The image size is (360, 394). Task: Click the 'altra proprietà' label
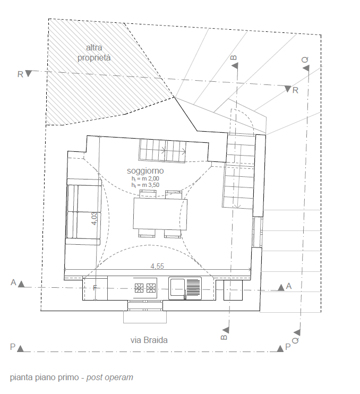[94, 53]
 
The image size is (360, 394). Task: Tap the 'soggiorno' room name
[145, 170]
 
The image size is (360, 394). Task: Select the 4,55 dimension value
[157, 266]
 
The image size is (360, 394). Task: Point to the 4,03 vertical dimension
[94, 219]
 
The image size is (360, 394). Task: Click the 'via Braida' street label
[149, 340]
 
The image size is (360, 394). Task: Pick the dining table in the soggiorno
[160, 214]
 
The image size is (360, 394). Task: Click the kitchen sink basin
[177, 288]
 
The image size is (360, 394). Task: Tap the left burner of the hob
[139, 288]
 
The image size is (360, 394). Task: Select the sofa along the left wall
[83, 212]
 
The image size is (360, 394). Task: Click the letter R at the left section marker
[20, 74]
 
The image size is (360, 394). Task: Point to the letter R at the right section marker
[295, 90]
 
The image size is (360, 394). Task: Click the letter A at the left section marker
[13, 282]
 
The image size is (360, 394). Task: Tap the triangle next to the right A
[281, 288]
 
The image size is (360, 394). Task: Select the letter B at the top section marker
[234, 57]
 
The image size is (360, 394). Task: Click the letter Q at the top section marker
[305, 60]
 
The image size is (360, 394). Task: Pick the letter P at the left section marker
[13, 347]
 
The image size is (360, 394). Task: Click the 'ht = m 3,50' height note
[145, 185]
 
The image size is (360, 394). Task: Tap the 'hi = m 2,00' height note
[145, 178]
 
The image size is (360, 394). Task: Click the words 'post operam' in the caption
[109, 378]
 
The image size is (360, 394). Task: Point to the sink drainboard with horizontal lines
[194, 288]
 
